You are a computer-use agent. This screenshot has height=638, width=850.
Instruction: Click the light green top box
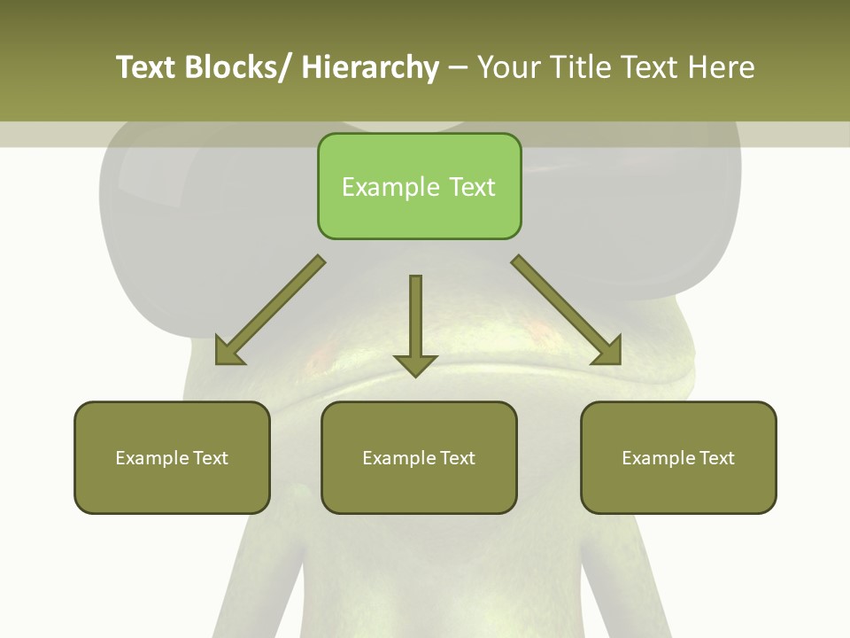(419, 186)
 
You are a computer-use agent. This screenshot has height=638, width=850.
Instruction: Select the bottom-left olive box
(172, 457)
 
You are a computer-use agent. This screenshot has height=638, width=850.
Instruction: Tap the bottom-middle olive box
(419, 457)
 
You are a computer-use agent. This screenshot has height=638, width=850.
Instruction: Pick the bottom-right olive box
(678, 457)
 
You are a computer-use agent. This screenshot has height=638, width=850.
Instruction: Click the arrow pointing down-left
(270, 310)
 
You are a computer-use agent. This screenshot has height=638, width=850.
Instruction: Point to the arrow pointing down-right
(566, 309)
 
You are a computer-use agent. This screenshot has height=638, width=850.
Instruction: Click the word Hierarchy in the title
(370, 67)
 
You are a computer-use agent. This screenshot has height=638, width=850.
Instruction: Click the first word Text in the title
(145, 67)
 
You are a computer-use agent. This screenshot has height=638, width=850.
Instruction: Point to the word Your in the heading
(509, 67)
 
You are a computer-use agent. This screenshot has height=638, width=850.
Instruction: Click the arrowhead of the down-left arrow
(228, 351)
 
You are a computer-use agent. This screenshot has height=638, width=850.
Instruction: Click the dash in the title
(458, 67)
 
